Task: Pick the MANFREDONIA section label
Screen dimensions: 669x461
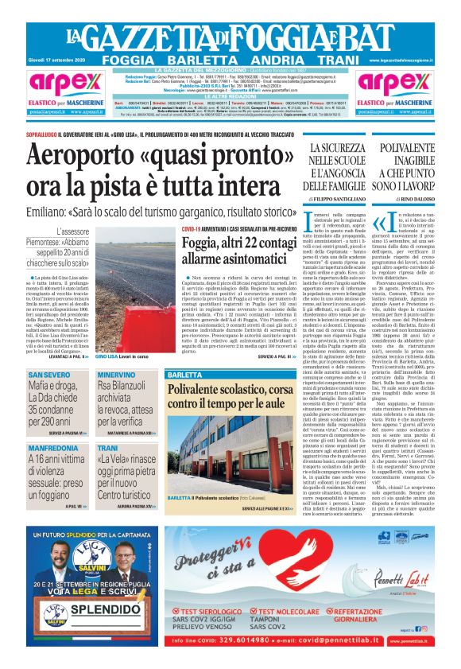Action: [55, 448]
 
